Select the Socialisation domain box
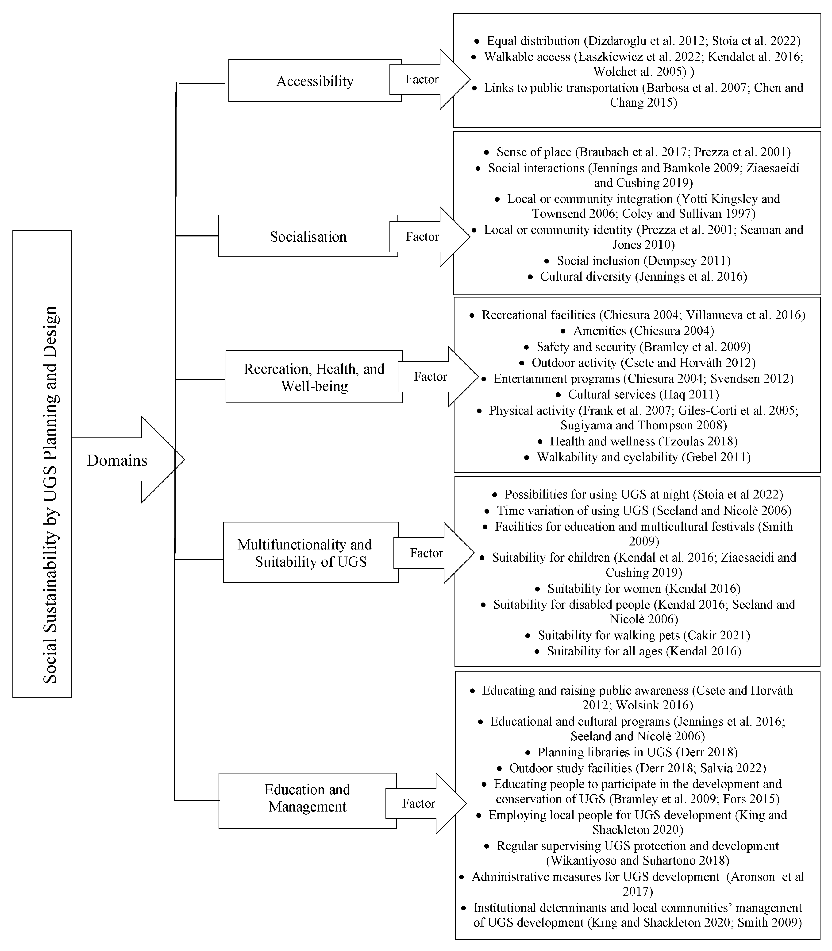point(308,236)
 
